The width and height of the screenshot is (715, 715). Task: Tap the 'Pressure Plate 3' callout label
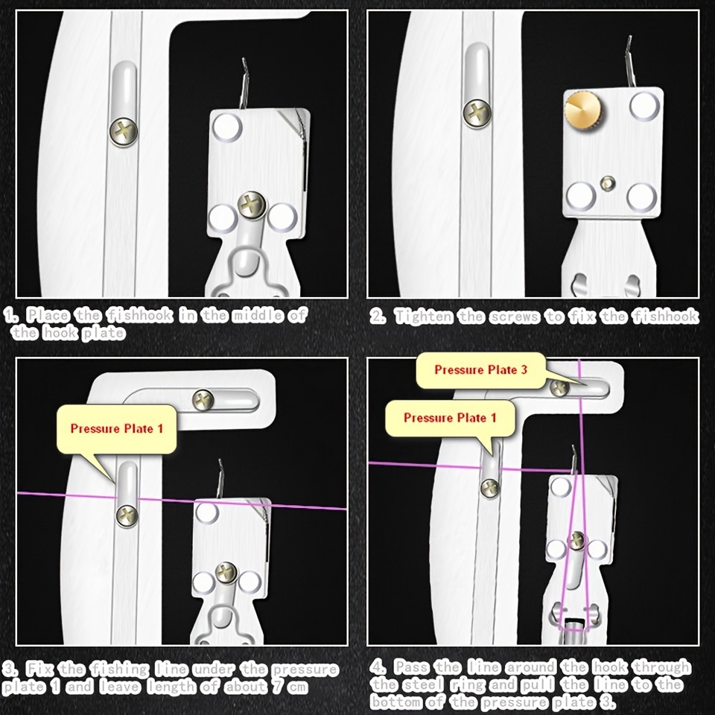(481, 370)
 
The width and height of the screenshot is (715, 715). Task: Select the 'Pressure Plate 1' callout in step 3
(116, 429)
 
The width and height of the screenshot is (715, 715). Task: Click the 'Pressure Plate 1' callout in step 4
(450, 418)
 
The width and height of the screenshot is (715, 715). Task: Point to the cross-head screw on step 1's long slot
(123, 131)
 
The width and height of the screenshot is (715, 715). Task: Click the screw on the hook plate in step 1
(252, 206)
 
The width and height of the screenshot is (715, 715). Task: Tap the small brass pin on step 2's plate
(608, 183)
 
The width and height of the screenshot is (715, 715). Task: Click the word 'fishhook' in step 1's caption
(139, 314)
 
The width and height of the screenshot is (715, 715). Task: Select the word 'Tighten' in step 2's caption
(424, 316)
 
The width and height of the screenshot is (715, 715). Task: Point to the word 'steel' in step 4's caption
(424, 685)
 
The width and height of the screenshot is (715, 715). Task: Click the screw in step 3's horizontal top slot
(203, 400)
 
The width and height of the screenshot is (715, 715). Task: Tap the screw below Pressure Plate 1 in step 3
(127, 516)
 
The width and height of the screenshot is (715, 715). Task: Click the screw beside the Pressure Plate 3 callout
(559, 388)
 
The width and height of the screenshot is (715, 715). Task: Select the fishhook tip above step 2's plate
(629, 40)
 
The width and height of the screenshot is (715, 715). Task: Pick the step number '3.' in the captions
(10, 669)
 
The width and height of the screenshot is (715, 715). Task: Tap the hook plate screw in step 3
(226, 573)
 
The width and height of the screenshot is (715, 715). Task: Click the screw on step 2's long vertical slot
(477, 112)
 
